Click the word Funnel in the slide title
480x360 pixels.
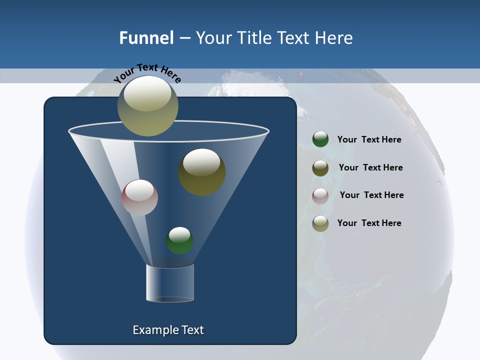coord(146,38)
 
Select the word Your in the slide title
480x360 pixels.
coord(213,38)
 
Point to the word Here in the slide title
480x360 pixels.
coord(332,38)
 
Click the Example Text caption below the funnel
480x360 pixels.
coord(168,330)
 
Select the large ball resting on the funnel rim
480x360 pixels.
coord(148,106)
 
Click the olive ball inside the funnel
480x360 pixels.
coord(202,172)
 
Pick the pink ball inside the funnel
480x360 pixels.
coord(139,197)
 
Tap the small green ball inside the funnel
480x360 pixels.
coord(179,240)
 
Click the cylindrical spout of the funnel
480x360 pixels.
coord(170,283)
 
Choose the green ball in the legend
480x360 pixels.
coord(320,139)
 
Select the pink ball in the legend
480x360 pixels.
coord(320,196)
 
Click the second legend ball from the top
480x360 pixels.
coord(320,168)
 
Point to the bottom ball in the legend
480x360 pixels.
coord(320,223)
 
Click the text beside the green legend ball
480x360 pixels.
coord(369,139)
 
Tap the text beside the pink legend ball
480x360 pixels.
coord(371,195)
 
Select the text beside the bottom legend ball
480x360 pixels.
coord(369,223)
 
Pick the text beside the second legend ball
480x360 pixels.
coord(370,167)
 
